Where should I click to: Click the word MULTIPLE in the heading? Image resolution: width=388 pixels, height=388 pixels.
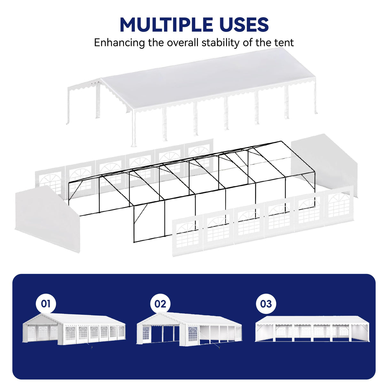click(166, 25)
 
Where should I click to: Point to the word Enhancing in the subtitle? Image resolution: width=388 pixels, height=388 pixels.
click(119, 43)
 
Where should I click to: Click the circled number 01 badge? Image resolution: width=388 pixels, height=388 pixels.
click(46, 304)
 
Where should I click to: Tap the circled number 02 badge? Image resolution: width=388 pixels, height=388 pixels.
click(160, 304)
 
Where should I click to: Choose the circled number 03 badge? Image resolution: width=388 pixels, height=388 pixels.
click(266, 304)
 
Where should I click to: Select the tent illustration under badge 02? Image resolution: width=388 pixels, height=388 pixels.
click(189, 329)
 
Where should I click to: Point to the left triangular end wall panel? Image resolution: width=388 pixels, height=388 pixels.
click(46, 217)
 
